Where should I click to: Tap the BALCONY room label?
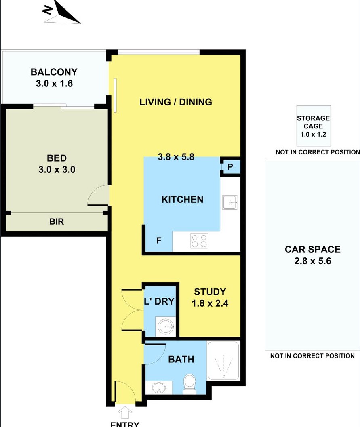click(54, 72)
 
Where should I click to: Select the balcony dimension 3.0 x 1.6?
click(54, 83)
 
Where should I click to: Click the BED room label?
click(57, 158)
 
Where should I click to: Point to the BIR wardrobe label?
click(57, 221)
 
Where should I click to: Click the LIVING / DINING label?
click(176, 102)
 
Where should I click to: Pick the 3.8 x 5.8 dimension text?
click(176, 157)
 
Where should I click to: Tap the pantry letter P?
click(230, 167)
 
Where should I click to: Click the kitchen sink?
click(230, 202)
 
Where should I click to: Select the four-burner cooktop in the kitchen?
click(199, 241)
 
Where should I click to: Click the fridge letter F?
click(159, 240)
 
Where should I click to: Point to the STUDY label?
click(210, 292)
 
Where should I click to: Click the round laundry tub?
click(166, 326)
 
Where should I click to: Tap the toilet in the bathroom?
click(189, 384)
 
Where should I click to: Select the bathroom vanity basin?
click(159, 387)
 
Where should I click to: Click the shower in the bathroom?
click(223, 361)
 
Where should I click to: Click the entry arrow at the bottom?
click(125, 412)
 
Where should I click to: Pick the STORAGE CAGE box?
click(314, 126)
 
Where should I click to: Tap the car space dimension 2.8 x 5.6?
click(313, 261)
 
